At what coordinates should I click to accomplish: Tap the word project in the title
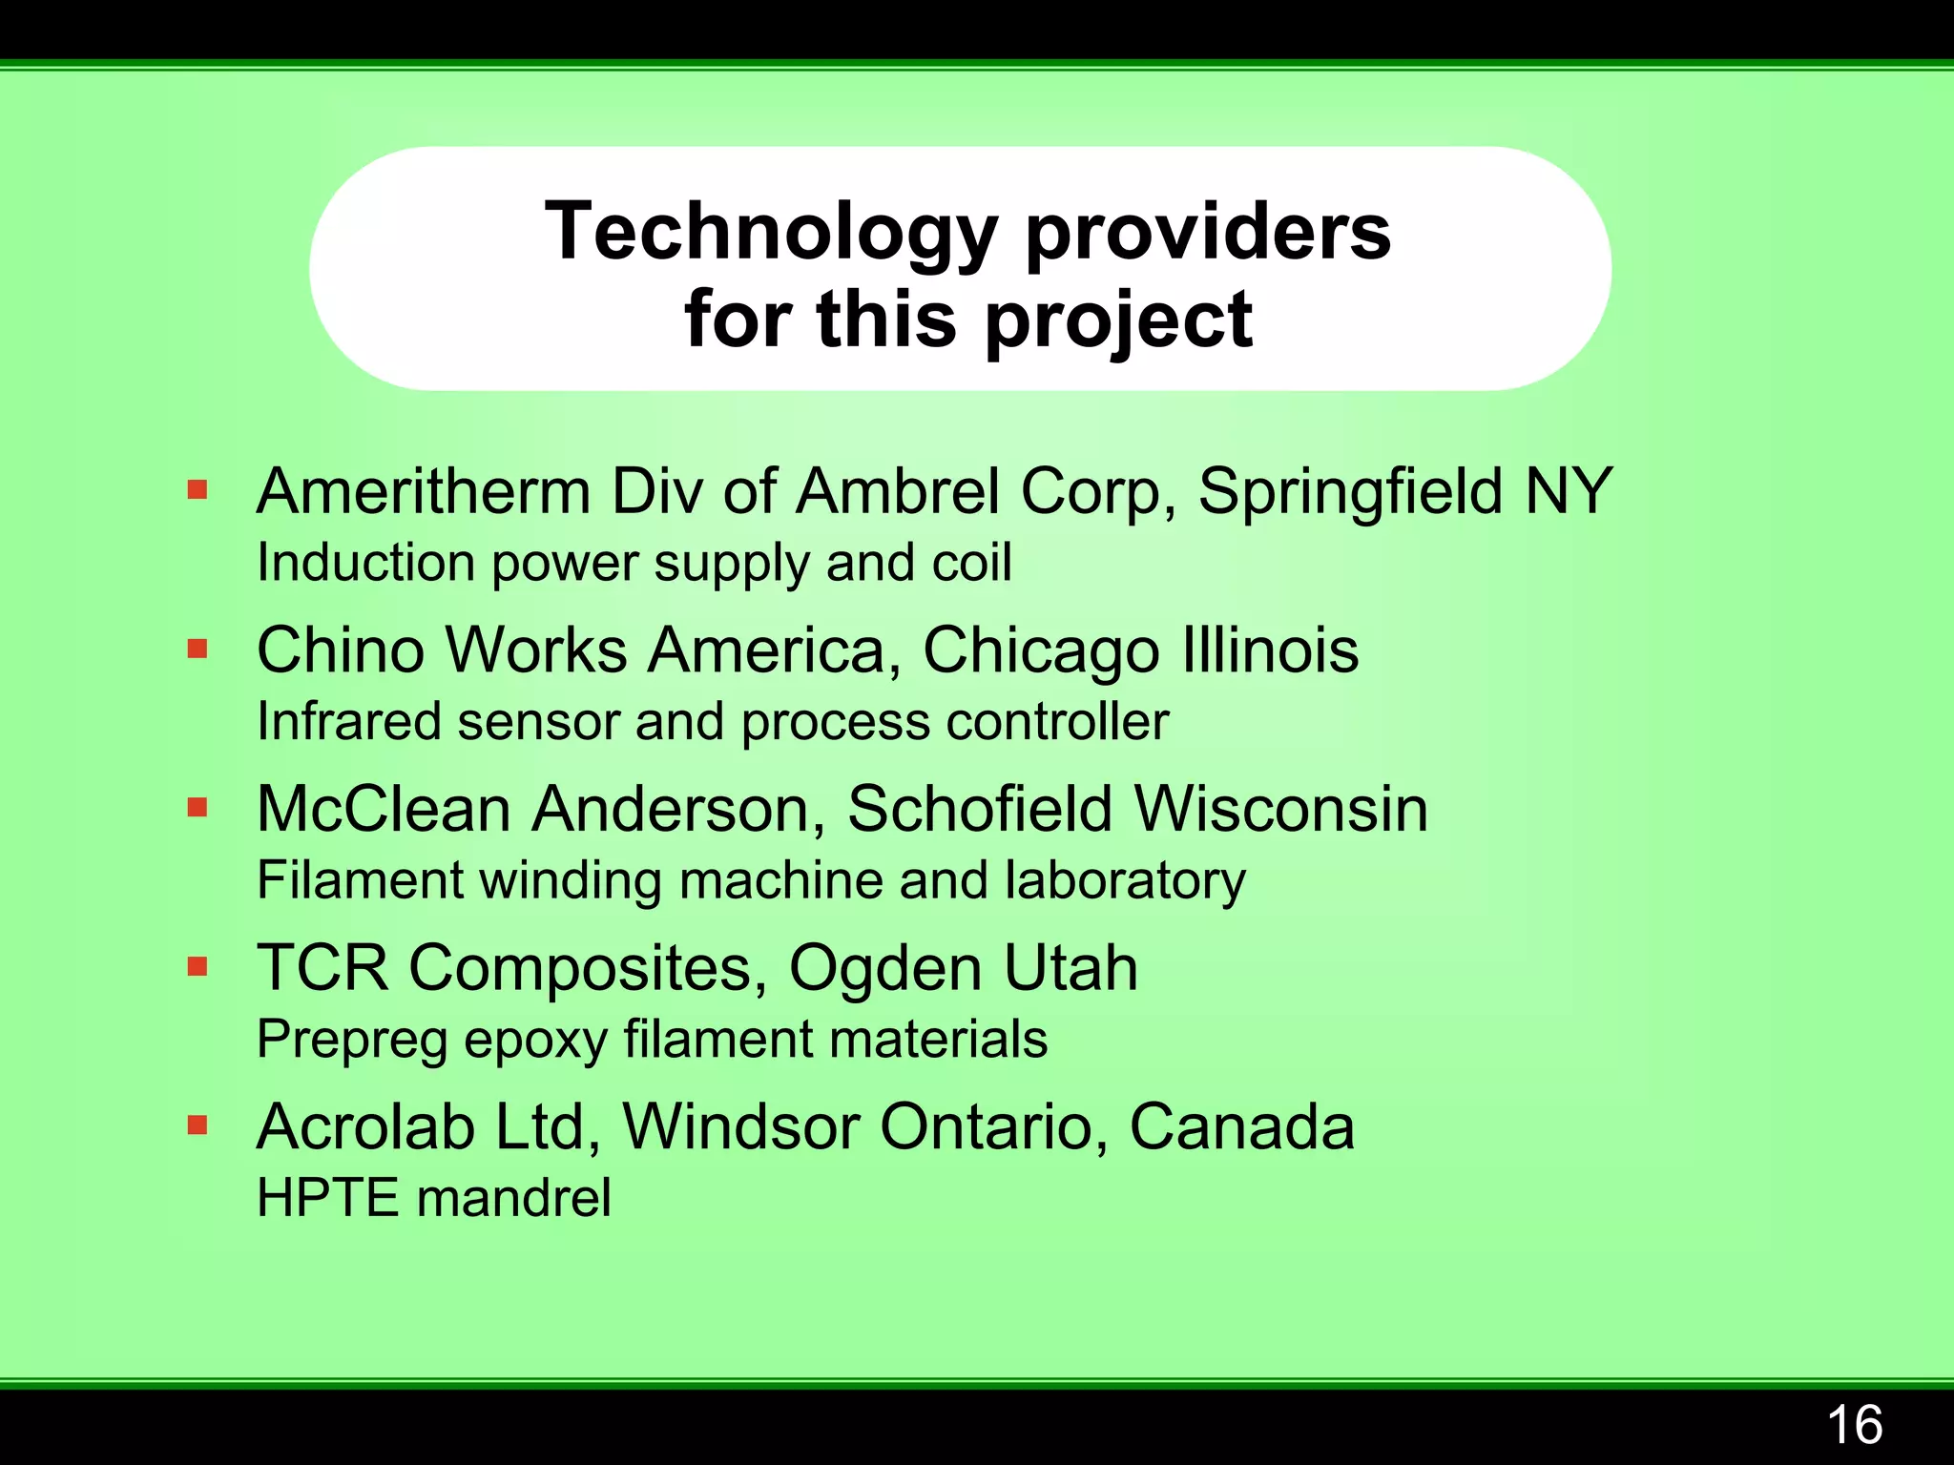point(1118,320)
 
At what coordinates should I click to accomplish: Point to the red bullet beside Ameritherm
point(197,491)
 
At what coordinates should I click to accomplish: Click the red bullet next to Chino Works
point(197,650)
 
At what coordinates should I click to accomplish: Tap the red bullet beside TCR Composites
point(197,967)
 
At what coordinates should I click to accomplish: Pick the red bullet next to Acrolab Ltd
point(197,1125)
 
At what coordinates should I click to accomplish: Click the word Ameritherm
point(424,492)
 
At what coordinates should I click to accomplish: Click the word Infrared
point(349,722)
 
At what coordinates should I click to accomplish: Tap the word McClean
point(385,810)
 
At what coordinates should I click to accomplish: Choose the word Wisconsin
point(1280,810)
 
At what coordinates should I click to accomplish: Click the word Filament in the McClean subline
point(360,880)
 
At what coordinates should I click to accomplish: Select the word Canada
point(1241,1127)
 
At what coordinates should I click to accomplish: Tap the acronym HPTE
point(327,1198)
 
